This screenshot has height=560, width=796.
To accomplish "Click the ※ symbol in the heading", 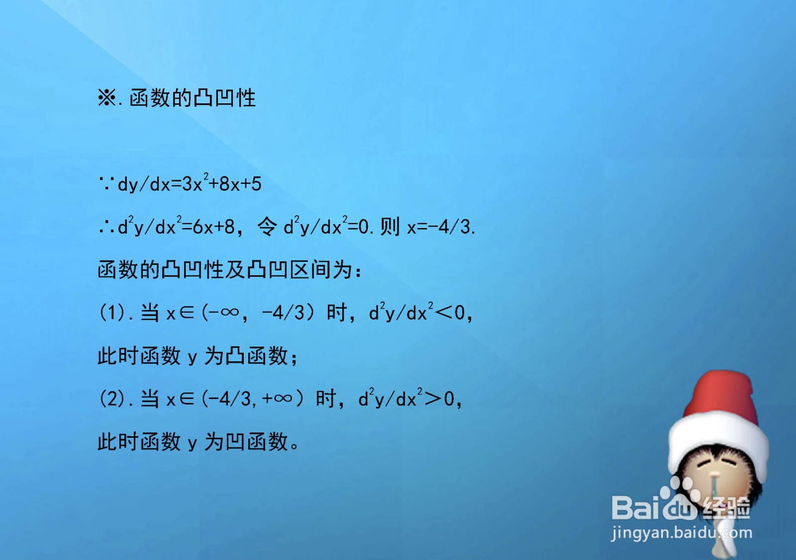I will point(107,97).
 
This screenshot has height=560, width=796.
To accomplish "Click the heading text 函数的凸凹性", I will point(193,97).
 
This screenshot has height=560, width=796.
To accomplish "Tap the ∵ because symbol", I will point(106,184).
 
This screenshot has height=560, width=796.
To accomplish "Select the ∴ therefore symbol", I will point(106,228).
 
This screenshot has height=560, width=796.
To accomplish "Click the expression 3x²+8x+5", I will point(222,184).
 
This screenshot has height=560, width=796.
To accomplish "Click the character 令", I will point(267,227).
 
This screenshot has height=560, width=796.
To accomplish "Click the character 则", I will point(390,227).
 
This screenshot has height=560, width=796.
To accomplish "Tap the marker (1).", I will point(112,313).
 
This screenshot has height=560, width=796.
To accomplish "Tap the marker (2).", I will point(112,399).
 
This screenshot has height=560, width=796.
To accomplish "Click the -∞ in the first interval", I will point(223,313).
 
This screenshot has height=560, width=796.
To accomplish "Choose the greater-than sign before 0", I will point(432,399).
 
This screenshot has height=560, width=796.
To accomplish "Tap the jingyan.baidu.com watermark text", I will point(682,533).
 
